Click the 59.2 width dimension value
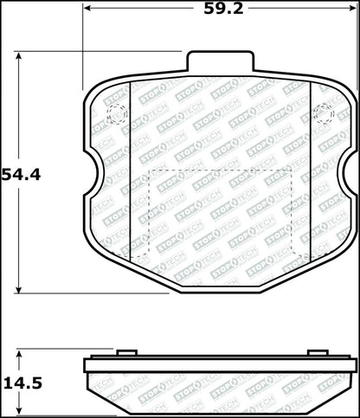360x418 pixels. tap(223, 9)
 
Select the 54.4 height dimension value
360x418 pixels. tap(22, 175)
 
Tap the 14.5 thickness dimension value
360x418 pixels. tap(22, 383)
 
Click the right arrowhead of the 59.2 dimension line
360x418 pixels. tap(353, 8)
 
